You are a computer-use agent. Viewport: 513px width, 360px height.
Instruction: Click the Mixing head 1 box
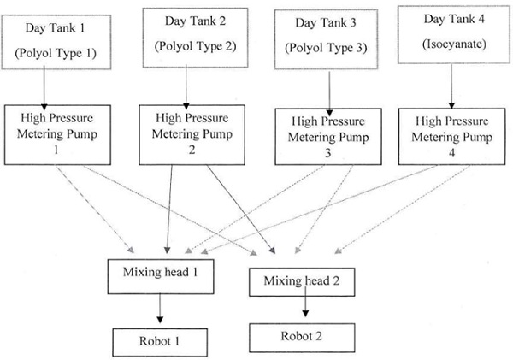[158, 273]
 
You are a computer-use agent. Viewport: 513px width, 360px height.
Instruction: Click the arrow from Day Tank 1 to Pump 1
[43, 88]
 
